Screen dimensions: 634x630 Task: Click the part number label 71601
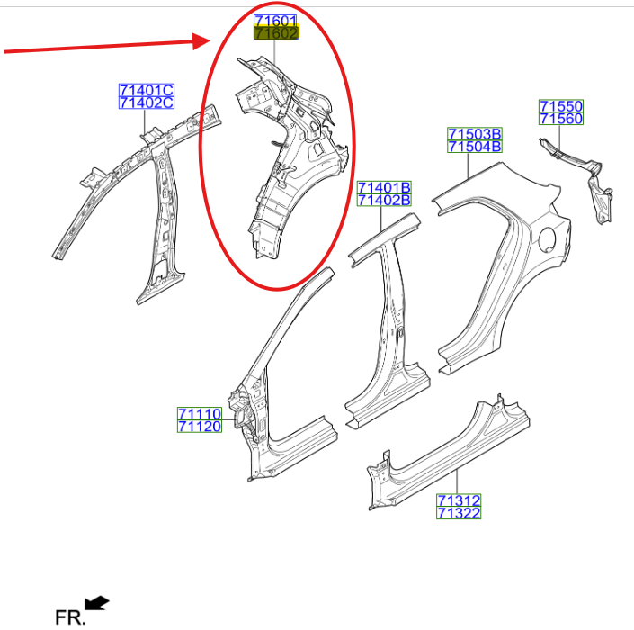pos(275,20)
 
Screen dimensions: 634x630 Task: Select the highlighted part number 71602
pos(276,33)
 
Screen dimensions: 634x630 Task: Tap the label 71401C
pos(147,90)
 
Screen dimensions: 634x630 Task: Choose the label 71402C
pos(147,103)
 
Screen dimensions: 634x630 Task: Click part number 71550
pos(561,106)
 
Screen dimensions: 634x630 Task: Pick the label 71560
pos(561,119)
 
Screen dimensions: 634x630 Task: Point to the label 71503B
pos(475,133)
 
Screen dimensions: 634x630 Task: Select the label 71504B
pos(475,147)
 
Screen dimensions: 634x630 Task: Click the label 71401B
pos(384,187)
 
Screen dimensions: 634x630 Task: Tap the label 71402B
pos(384,200)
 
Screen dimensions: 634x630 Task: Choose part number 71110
pos(200,413)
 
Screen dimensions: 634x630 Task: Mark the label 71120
pos(200,426)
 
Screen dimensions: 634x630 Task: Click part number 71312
pos(459,500)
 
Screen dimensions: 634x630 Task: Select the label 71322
pos(459,513)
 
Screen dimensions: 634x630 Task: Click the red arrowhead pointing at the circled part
pos(201,41)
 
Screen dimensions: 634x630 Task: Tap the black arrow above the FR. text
pos(96,602)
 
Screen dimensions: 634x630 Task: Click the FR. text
pos(70,618)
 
